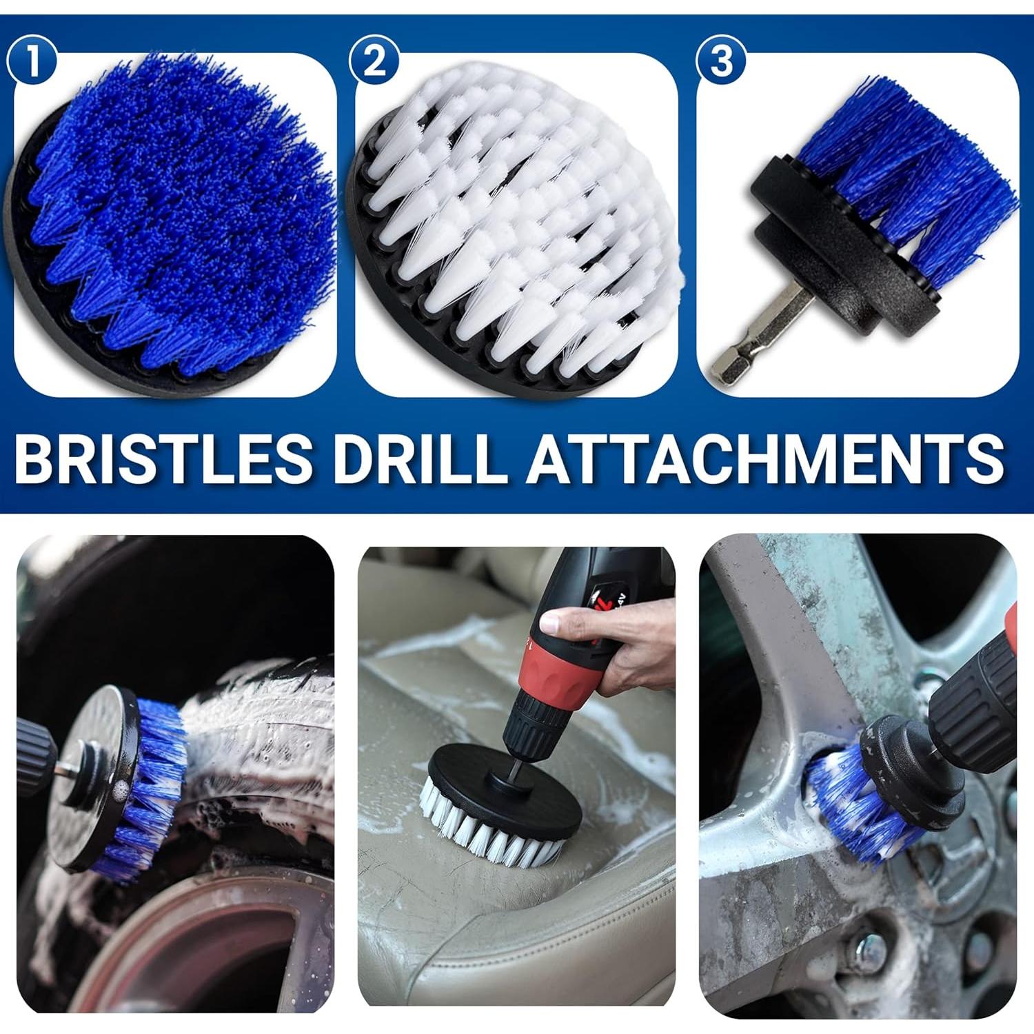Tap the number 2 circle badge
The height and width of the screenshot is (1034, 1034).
click(x=374, y=61)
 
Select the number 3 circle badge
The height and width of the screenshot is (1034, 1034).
click(x=720, y=61)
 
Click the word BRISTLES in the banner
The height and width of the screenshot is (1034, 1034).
click(x=163, y=457)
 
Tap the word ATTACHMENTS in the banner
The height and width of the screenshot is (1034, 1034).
click(x=765, y=457)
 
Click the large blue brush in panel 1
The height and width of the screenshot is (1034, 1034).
click(x=179, y=221)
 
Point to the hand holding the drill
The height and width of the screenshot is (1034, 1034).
click(x=620, y=641)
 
